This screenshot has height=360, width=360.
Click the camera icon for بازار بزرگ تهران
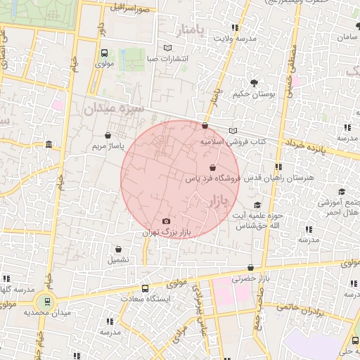(166, 221)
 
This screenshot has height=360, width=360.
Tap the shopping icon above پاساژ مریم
(108, 136)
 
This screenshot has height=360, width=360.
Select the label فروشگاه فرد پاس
(212, 179)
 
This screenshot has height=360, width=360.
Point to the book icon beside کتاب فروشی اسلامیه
(233, 131)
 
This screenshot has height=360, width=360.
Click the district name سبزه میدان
(112, 109)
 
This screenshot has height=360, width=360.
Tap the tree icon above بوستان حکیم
(254, 83)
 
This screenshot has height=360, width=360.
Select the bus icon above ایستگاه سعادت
(146, 288)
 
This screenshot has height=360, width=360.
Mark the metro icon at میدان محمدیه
(48, 302)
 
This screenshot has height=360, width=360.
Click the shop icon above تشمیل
(118, 250)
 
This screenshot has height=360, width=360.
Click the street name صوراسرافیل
(129, 8)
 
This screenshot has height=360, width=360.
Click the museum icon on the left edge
(49, 146)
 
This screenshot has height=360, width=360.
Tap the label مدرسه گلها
(15, 290)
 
